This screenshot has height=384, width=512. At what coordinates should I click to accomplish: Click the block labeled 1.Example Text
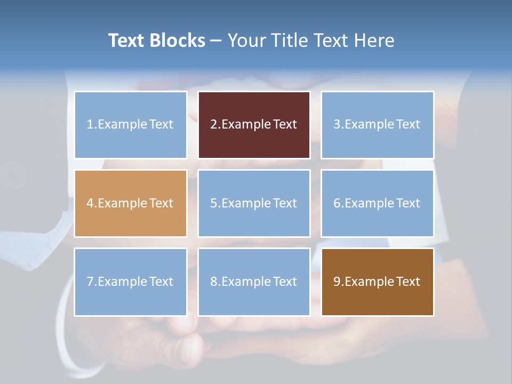pyautogui.click(x=131, y=125)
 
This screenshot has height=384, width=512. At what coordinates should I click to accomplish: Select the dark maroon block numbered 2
pyautogui.click(x=254, y=125)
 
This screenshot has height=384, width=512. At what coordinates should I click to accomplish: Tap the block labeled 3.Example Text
pyautogui.click(x=377, y=125)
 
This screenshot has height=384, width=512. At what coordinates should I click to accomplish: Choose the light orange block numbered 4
pyautogui.click(x=131, y=203)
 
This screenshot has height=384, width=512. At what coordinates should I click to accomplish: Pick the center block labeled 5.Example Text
pyautogui.click(x=254, y=203)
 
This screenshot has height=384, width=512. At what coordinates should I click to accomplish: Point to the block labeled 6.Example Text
pyautogui.click(x=377, y=203)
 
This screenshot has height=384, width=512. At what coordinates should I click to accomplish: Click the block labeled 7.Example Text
pyautogui.click(x=131, y=282)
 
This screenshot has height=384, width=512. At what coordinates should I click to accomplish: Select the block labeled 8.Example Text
pyautogui.click(x=254, y=282)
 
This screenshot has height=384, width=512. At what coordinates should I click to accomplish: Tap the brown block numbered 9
pyautogui.click(x=377, y=282)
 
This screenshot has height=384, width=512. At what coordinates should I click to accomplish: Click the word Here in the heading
pyautogui.click(x=375, y=41)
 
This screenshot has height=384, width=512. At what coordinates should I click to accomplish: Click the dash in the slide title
pyautogui.click(x=216, y=41)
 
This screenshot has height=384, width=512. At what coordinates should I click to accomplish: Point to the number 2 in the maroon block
pyautogui.click(x=213, y=125)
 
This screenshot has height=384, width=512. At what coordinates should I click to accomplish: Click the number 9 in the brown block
pyautogui.click(x=337, y=282)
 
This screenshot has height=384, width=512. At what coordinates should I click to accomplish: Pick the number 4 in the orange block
pyautogui.click(x=90, y=203)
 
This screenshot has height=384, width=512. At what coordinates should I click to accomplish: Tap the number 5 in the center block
pyautogui.click(x=213, y=203)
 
